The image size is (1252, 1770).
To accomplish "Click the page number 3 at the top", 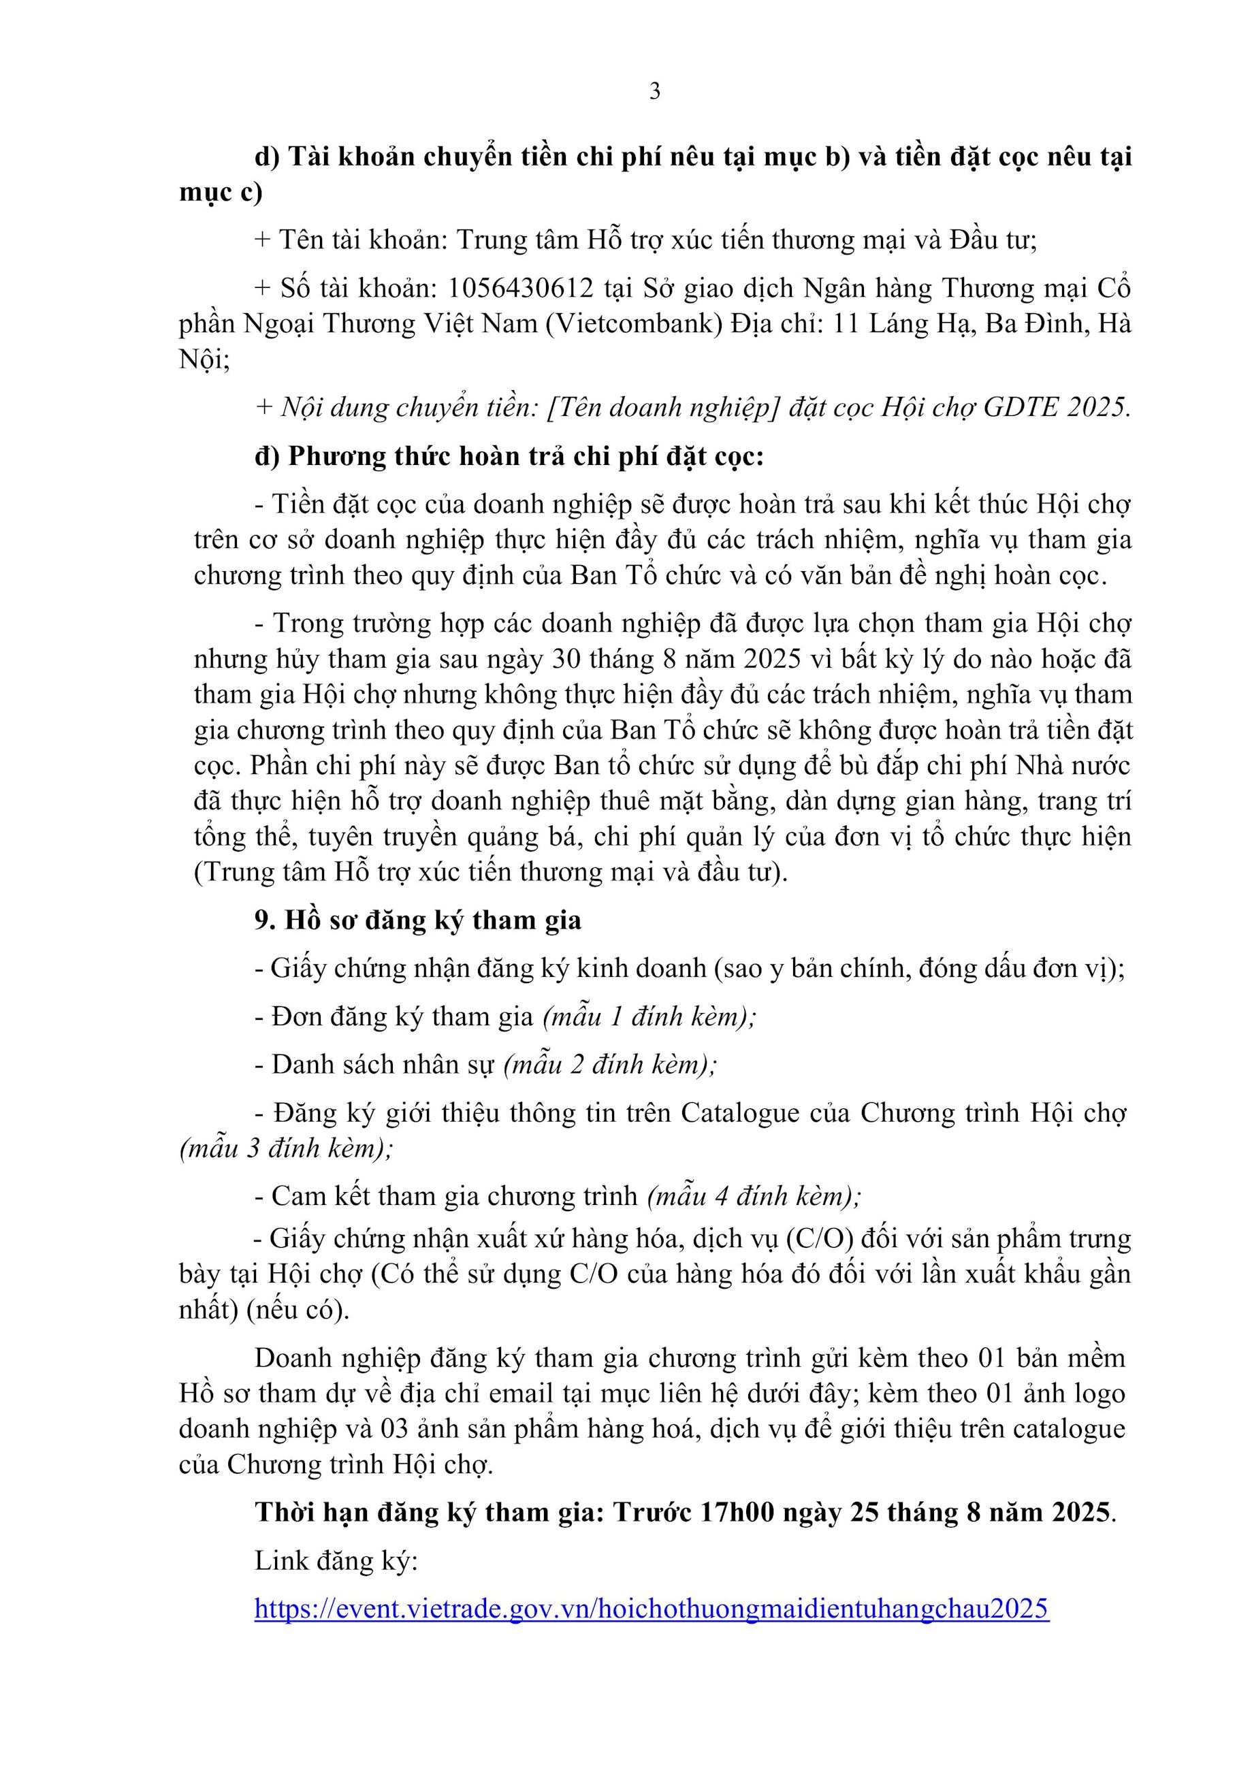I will pyautogui.click(x=654, y=92).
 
